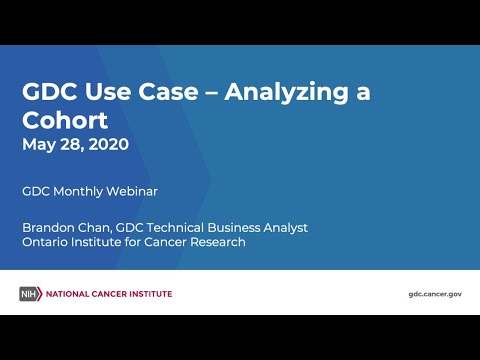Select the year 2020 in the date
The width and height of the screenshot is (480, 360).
click(x=107, y=144)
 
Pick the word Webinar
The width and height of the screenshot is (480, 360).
click(x=129, y=190)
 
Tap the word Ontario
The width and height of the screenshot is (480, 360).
click(x=46, y=242)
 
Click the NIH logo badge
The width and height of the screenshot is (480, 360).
click(x=29, y=294)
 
